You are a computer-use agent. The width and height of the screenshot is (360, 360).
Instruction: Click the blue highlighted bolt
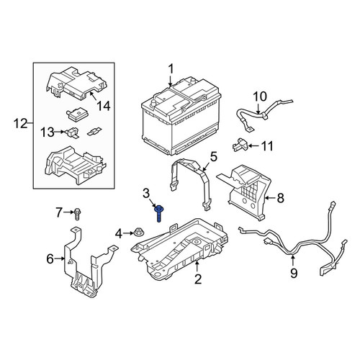(158, 213)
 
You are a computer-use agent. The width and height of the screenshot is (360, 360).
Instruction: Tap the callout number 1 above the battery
(171, 69)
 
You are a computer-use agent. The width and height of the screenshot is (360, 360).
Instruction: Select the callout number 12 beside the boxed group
(20, 124)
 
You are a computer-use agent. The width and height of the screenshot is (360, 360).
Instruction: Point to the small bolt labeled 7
(77, 214)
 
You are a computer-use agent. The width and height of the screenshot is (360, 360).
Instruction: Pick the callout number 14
(104, 106)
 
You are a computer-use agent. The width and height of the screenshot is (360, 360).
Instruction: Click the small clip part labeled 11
(240, 145)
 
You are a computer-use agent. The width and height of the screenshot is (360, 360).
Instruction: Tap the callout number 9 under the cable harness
(294, 273)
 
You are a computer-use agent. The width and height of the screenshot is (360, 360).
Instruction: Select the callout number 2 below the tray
(198, 279)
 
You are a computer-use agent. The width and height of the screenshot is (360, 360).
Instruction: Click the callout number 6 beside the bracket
(50, 258)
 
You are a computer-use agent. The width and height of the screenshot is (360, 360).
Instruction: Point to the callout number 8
(280, 198)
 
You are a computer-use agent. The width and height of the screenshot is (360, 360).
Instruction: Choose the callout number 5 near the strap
(213, 156)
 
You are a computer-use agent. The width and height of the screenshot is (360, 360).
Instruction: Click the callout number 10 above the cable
(260, 96)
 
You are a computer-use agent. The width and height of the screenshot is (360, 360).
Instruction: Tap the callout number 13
(48, 132)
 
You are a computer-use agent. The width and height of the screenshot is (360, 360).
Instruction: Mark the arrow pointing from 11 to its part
(254, 145)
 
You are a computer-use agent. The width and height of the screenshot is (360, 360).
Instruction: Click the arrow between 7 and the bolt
(69, 212)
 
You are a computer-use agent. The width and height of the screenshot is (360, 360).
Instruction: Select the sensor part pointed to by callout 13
(71, 132)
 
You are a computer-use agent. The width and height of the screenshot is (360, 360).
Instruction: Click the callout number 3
(146, 194)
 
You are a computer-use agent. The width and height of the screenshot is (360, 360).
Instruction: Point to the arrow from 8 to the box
(270, 198)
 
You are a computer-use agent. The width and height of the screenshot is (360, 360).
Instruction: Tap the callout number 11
(267, 146)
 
